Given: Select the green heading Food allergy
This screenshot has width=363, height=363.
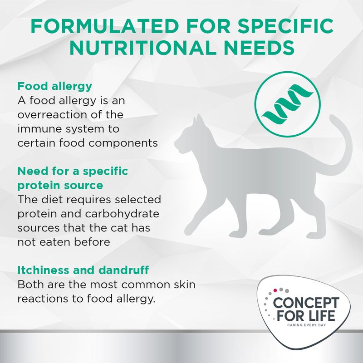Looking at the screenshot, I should (x=54, y=86).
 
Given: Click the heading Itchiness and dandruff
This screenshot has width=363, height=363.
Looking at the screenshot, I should (x=83, y=270).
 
